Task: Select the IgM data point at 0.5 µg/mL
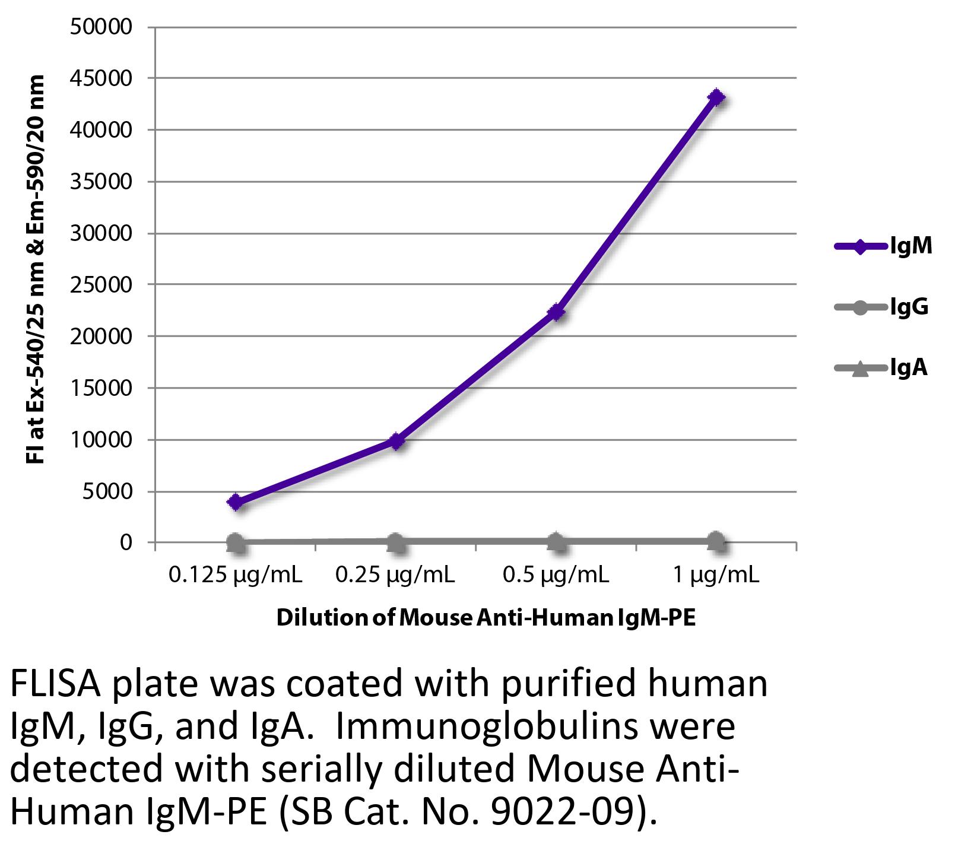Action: tap(556, 312)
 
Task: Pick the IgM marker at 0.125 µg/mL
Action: tap(236, 502)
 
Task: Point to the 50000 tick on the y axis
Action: tap(101, 27)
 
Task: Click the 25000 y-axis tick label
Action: tap(101, 285)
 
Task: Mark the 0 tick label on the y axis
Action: tap(125, 542)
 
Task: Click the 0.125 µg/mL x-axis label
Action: tap(236, 575)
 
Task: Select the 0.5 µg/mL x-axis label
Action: tap(556, 575)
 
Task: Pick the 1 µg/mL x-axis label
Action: tap(716, 575)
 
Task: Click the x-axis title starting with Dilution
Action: tap(486, 618)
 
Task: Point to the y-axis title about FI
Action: tap(36, 270)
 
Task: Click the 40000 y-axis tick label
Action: tap(101, 130)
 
